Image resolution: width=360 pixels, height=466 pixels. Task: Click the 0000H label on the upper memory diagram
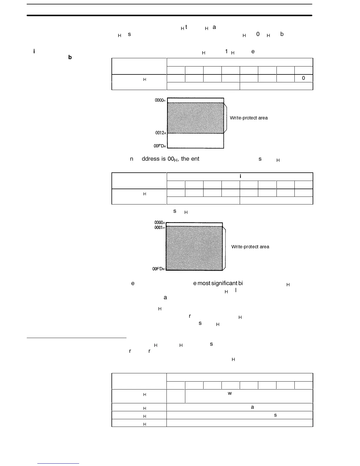coord(160,100)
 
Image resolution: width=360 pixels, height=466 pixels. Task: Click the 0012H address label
coord(161,133)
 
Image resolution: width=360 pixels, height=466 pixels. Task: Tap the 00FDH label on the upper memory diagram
coord(160,146)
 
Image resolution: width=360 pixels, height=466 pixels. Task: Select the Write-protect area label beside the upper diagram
coord(249,118)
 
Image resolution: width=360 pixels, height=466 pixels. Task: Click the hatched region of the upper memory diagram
coord(195,118)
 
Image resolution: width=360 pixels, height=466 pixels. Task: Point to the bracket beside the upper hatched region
coord(226,118)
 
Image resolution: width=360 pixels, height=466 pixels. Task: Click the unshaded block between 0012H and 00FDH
coord(195,141)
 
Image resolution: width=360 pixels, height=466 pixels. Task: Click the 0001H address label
coord(159,228)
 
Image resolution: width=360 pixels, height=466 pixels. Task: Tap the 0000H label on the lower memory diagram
coord(159,223)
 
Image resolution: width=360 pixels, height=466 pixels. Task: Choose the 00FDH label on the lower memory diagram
coord(159,269)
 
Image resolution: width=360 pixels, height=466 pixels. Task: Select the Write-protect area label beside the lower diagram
coord(250,247)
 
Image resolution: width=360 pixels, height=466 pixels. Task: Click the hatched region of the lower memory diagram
coord(194,248)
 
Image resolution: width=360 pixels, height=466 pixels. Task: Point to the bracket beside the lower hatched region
coord(225,248)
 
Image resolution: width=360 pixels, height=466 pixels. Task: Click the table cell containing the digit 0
coord(304,78)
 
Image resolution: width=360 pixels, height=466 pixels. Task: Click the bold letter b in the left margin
coord(70,57)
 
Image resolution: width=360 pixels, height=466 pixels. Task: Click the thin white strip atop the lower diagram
coord(194,224)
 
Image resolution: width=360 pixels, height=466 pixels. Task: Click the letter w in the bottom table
coord(230,393)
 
